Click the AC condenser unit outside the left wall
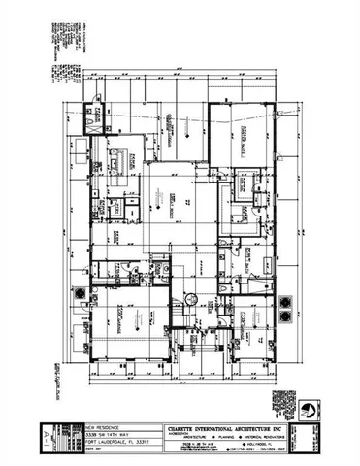[x=77, y=293]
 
